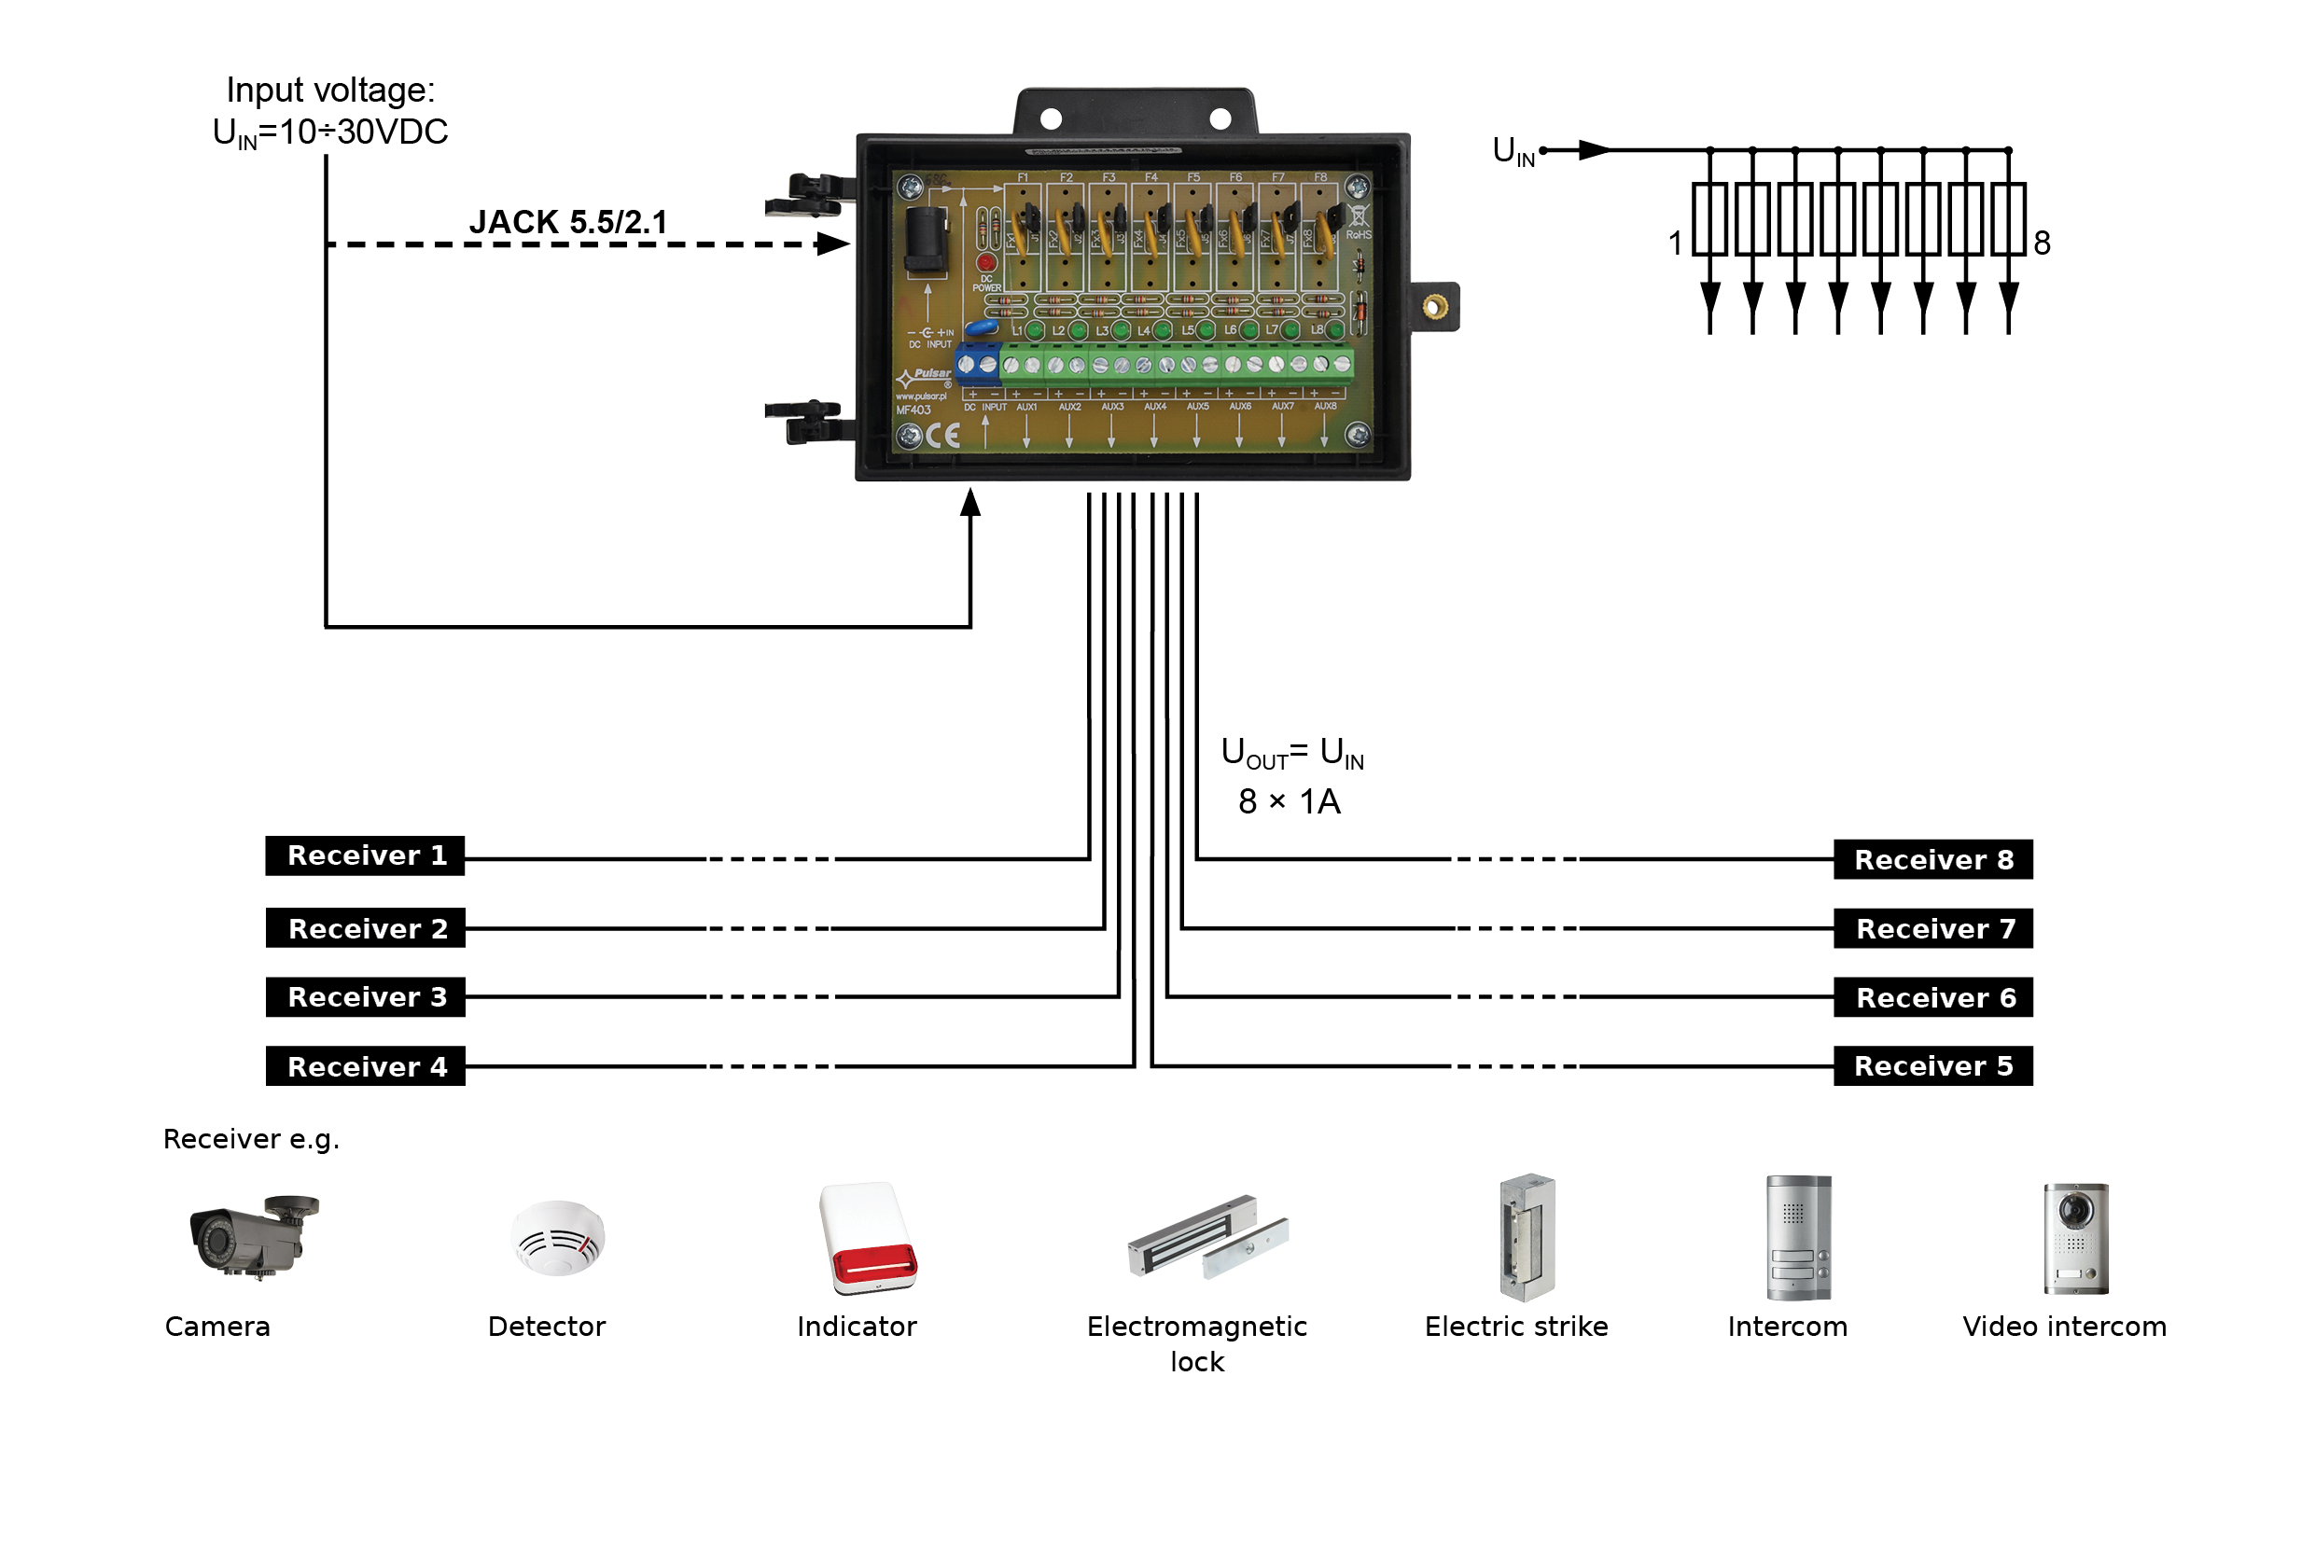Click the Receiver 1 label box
pos(365,856)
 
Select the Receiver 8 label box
pos(1933,860)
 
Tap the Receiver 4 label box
pos(365,1066)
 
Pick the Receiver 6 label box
pos(1933,998)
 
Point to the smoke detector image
pos(558,1238)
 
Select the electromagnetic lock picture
pos(1206,1238)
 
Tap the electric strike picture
pos(1527,1238)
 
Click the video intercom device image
pos(2076,1238)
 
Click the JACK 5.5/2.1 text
pos(568,222)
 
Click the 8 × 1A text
pos(1290,802)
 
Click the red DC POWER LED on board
pos(986,263)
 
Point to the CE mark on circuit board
pos(943,436)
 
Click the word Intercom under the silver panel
pos(1788,1327)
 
